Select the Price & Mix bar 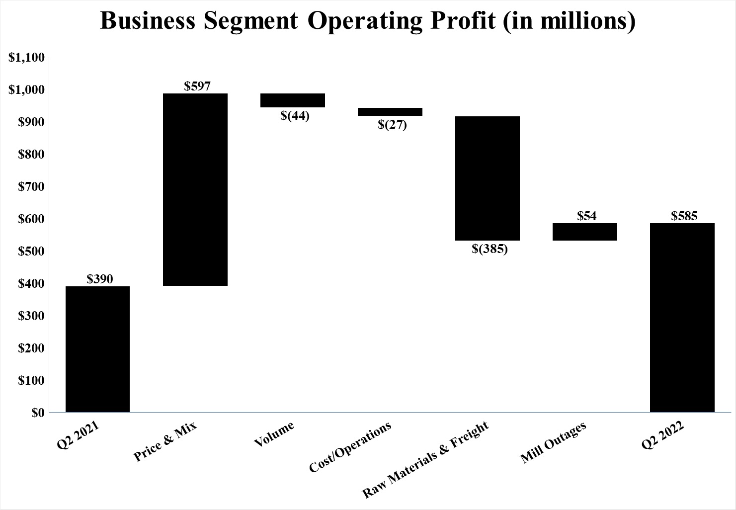(x=195, y=189)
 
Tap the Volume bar (x=293, y=100)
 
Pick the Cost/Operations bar (x=390, y=112)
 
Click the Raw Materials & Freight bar (x=488, y=178)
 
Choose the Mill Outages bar (x=585, y=232)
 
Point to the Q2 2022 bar (x=682, y=318)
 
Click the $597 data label (x=197, y=86)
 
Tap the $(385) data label (x=490, y=249)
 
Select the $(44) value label (x=295, y=116)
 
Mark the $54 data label (x=587, y=216)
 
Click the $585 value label (x=684, y=216)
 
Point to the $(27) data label (x=392, y=124)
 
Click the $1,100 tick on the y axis (x=27, y=58)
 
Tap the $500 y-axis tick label (x=31, y=251)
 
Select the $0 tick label (x=38, y=413)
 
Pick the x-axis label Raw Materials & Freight (x=425, y=459)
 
